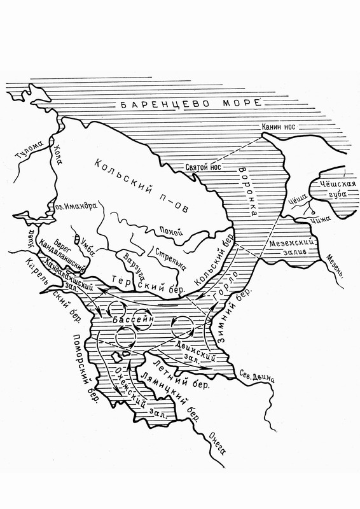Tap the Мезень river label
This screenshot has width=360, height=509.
click(x=336, y=266)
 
